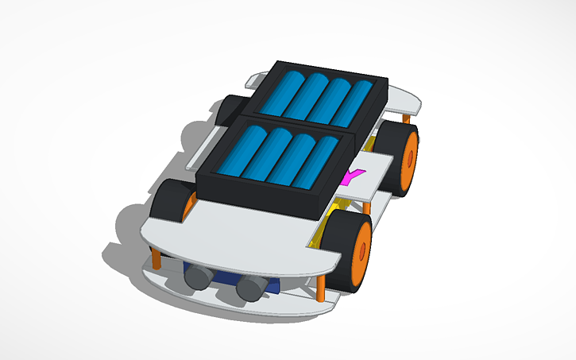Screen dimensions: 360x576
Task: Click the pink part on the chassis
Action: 354,176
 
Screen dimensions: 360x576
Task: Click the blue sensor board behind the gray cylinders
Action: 230,278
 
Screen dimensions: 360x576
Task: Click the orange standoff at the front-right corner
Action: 321,286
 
